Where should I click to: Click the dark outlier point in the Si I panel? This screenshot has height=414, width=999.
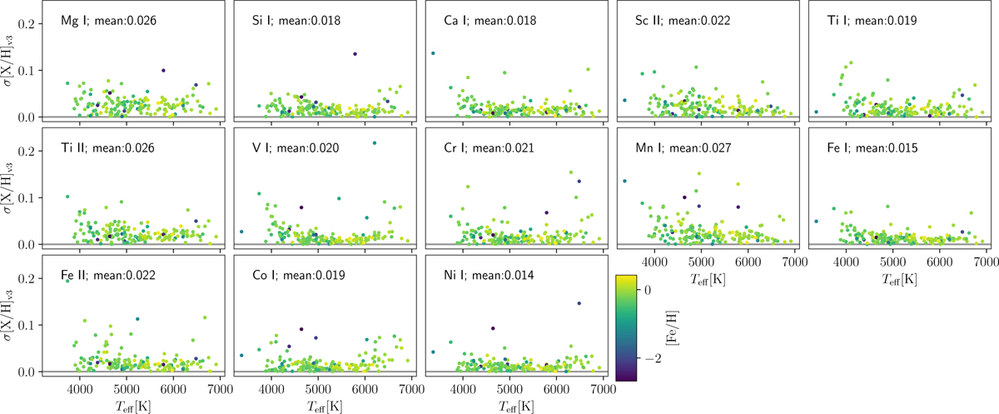[355, 54]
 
